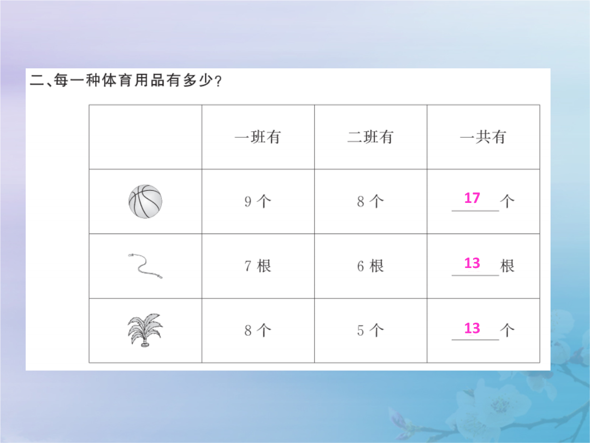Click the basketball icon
[145, 201]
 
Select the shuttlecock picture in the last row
[145, 330]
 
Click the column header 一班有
[258, 137]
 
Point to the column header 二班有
[370, 137]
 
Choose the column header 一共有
[483, 137]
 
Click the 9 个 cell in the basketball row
[258, 201]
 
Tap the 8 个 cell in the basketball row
[370, 201]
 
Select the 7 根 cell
[258, 266]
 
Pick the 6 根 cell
[370, 266]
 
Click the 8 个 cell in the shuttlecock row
[258, 330]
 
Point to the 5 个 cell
[370, 330]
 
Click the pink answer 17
[472, 198]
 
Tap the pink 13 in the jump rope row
[472, 263]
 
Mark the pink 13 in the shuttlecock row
[472, 328]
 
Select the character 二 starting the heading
[37, 80]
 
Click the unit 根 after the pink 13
[507, 266]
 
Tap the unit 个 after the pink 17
[507, 201]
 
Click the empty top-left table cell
[145, 137]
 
